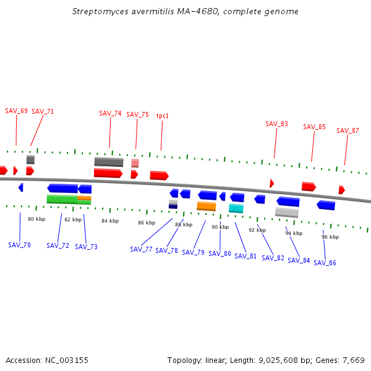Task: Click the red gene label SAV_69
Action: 16,111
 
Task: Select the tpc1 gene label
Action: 163,116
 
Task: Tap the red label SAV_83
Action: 276,124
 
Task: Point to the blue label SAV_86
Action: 325,263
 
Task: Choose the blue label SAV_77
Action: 141,249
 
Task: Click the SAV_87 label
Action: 348,130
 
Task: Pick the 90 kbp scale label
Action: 220,227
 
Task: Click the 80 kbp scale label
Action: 36,219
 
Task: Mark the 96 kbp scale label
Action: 330,237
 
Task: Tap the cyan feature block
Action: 236,208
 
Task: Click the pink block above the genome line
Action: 135,163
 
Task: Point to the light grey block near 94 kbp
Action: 287,212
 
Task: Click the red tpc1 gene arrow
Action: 159,176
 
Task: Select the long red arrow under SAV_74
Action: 108,173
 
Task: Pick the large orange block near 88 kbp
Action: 206,206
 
